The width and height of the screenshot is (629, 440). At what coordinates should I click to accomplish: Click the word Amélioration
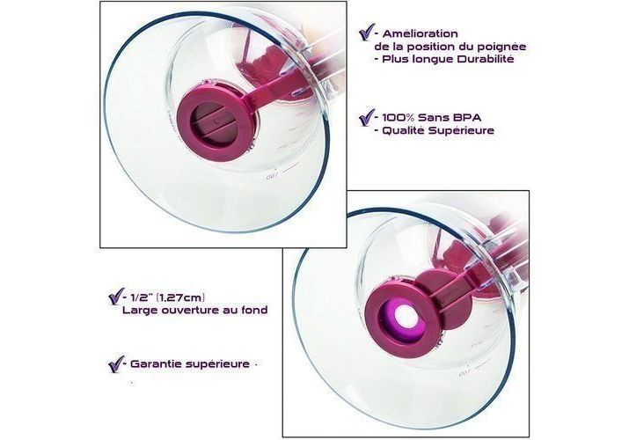420,33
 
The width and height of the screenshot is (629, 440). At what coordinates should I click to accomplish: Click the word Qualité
403,131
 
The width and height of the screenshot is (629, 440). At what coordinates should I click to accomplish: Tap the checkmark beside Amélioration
367,32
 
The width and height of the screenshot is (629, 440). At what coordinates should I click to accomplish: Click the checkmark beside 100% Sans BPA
367,118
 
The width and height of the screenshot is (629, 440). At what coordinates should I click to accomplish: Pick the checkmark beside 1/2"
116,297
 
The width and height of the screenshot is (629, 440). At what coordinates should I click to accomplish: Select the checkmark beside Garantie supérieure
116,364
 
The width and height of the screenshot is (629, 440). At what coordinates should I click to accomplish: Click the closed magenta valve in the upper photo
216,123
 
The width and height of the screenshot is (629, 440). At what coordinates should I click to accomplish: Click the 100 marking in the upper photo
272,177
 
